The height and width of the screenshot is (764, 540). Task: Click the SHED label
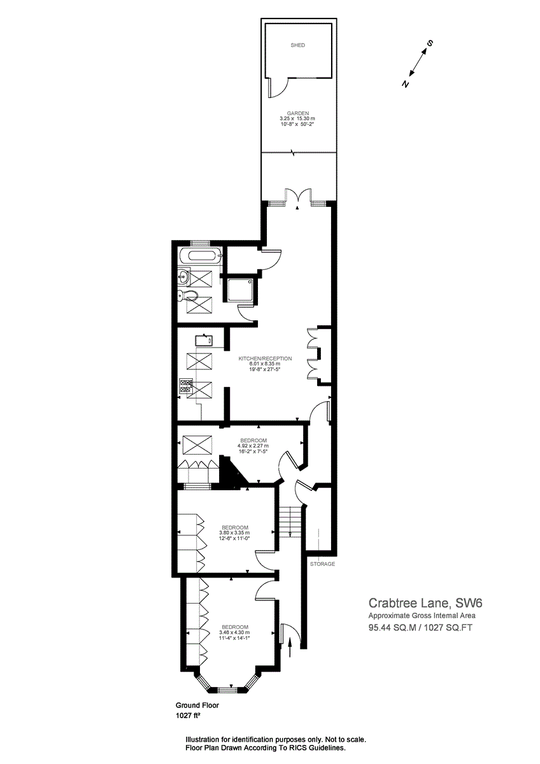tap(297, 45)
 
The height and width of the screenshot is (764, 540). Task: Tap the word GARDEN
tap(297, 113)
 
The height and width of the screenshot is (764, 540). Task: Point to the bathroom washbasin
tap(184, 276)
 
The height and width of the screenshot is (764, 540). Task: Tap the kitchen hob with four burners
tap(186, 385)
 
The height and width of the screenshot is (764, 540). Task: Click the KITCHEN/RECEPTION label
tap(265, 358)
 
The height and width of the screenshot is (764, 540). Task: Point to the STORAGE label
tap(322, 564)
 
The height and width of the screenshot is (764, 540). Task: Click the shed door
tap(279, 87)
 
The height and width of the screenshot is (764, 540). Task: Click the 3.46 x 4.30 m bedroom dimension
tap(234, 632)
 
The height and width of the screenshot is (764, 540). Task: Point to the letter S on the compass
tap(430, 43)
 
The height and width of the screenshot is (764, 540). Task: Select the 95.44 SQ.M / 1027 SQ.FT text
tap(420, 627)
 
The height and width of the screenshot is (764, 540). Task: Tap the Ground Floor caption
tap(197, 705)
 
